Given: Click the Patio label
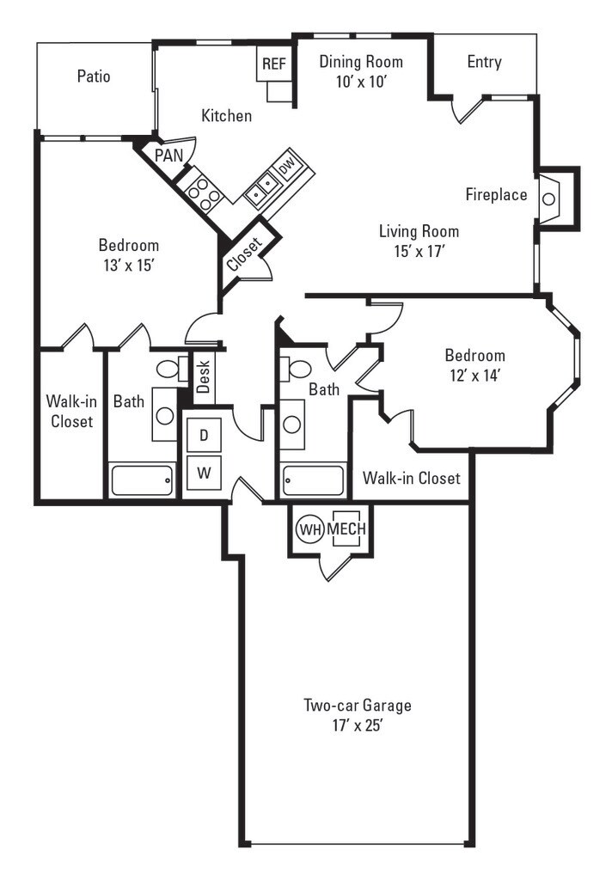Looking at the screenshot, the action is point(94,76).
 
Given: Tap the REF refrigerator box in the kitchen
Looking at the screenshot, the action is point(273,64).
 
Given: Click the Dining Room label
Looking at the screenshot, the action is point(360,62).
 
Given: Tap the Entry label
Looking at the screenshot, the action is point(484,62).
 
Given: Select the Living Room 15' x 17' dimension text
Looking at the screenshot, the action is point(419,251).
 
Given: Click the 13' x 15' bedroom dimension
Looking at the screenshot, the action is point(128,265).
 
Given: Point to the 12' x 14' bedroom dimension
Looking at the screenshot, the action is point(474,375).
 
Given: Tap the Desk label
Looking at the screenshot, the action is point(203,376).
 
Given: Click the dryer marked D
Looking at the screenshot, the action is point(204,435).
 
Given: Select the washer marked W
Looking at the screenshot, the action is point(204,471).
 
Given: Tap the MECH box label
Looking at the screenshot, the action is point(346,529).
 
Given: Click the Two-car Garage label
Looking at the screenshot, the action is point(357,706).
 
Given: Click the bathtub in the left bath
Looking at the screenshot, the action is point(144,480).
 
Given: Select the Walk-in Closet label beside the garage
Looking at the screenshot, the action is point(411,478).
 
